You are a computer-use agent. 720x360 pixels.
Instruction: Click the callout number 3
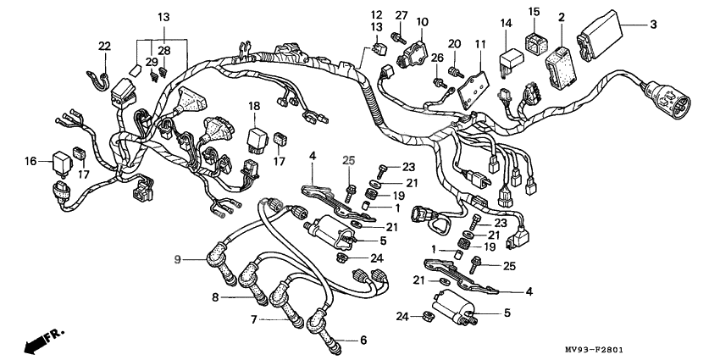(x=653, y=25)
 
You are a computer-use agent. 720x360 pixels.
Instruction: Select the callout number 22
(x=105, y=46)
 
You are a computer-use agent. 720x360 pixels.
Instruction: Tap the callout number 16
(x=30, y=161)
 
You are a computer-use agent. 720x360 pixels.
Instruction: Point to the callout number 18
(x=254, y=106)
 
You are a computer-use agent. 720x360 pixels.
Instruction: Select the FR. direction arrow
(x=42, y=341)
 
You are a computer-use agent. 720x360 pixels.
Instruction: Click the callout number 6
(x=363, y=341)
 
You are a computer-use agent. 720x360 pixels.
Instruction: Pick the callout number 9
(x=178, y=260)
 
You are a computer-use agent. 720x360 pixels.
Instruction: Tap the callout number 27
(x=402, y=15)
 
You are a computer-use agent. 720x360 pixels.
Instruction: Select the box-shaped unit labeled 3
(x=600, y=36)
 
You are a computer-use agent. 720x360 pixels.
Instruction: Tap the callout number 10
(x=422, y=21)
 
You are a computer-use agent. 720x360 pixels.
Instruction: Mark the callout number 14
(x=506, y=23)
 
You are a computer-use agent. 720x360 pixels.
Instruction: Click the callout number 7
(x=254, y=319)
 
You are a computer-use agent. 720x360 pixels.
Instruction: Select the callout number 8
(x=215, y=297)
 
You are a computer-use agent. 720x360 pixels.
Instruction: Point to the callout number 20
(x=454, y=44)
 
